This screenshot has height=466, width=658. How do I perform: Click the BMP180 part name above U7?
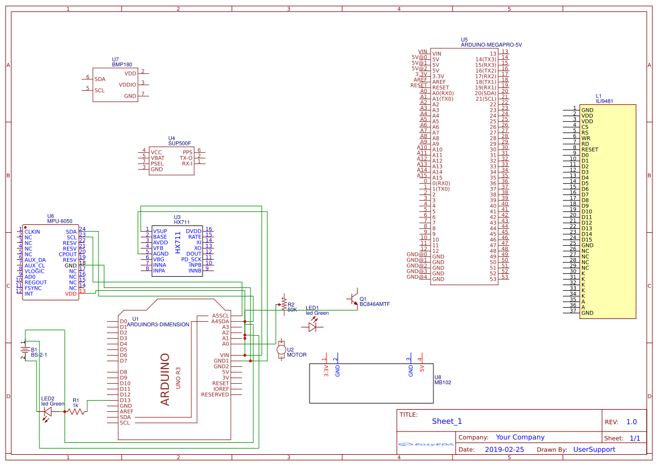click(122, 65)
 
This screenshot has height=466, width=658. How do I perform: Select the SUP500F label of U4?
click(180, 144)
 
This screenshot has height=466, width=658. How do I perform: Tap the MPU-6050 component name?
click(60, 221)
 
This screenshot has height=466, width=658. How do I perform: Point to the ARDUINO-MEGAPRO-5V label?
click(491, 45)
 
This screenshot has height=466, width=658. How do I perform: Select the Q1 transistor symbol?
click(353, 299)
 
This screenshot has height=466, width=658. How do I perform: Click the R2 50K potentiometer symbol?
click(283, 305)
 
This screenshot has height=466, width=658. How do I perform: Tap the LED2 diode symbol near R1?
click(48, 412)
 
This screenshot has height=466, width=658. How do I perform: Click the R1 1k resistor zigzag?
click(76, 412)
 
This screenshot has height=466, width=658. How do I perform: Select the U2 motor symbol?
click(281, 349)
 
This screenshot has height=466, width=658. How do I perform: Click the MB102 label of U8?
click(442, 383)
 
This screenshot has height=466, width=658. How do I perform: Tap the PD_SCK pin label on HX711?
click(191, 260)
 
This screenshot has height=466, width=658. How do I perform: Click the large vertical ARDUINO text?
click(165, 379)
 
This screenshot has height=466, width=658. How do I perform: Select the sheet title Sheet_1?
click(447, 421)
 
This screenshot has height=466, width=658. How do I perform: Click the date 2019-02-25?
click(504, 450)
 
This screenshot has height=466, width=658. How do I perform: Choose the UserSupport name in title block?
click(594, 450)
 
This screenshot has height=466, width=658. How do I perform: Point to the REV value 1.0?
click(631, 422)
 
